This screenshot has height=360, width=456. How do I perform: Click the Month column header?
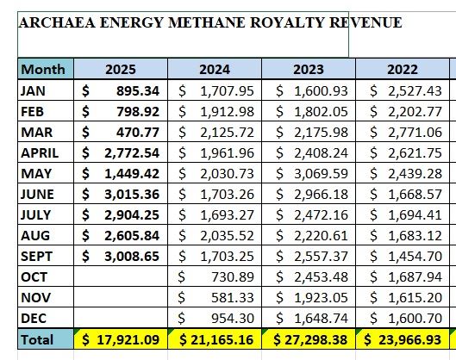point(42,69)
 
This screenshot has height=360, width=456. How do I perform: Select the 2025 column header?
point(120,69)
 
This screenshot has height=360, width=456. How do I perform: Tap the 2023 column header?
point(309,69)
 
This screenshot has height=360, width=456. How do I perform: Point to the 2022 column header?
point(402,69)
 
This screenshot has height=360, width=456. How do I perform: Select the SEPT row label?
point(34,256)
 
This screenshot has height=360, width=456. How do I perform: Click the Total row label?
point(36,339)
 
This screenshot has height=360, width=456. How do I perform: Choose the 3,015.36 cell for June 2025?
point(128,194)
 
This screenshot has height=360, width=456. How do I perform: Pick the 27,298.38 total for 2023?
point(314,339)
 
